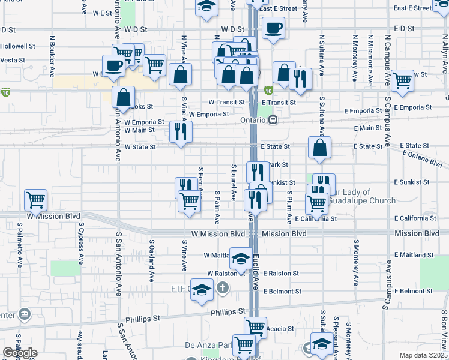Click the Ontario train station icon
[x=273, y=120]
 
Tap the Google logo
[x=20, y=353]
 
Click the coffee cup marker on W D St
[x=273, y=28]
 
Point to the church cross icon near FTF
[x=222, y=289]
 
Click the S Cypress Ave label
[x=80, y=243]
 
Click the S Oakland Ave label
[x=152, y=255]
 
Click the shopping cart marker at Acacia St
[x=255, y=327]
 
